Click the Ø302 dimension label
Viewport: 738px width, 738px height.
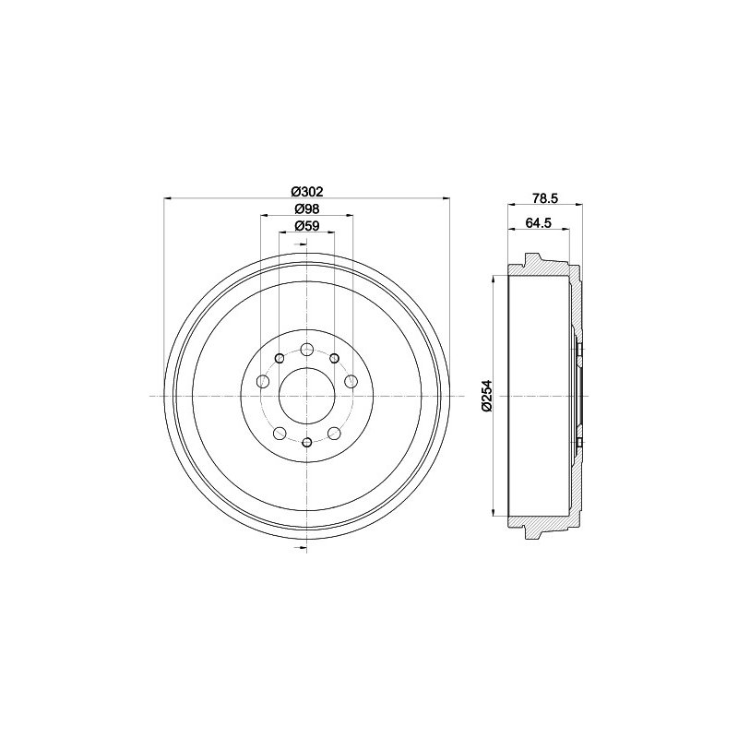coord(307,192)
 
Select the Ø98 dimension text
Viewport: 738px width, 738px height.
coord(307,209)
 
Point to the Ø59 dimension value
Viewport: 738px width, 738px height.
coord(307,226)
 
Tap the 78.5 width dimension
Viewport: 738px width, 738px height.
coord(545,198)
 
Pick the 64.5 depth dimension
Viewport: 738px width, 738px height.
coord(539,223)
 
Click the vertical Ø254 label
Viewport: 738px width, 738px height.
coord(486,397)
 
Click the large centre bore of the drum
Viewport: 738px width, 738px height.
coord(307,397)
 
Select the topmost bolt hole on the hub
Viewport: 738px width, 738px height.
coord(307,350)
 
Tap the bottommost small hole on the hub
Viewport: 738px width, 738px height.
coord(307,443)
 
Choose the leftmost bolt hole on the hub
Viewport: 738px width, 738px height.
coord(263,381)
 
